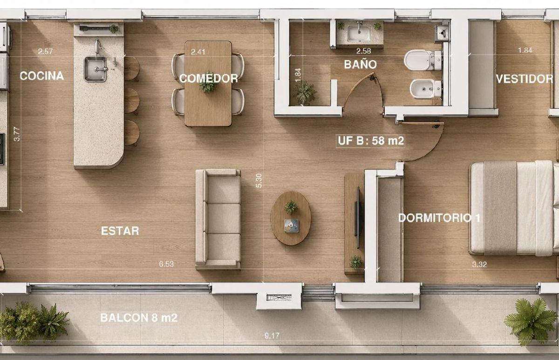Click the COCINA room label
[41, 76]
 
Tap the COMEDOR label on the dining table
[209, 79]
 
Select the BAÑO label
[361, 64]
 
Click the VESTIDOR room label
[525, 79]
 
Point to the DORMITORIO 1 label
[439, 218]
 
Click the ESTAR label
[120, 231]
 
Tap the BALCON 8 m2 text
[139, 318]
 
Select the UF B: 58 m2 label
[371, 141]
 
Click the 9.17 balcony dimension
[272, 336]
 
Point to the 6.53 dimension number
[166, 264]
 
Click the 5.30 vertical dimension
[259, 181]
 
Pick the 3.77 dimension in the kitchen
[17, 134]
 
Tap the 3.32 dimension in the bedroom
[479, 265]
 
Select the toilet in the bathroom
[423, 60]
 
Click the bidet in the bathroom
[425, 89]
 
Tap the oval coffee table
[291, 218]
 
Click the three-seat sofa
[218, 219]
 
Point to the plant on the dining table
[208, 85]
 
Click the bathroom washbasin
[359, 34]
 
